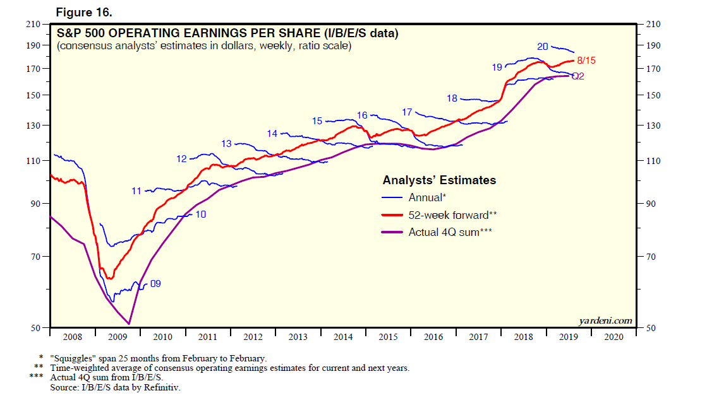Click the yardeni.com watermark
pyautogui.click(x=605, y=320)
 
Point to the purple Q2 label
pyautogui.click(x=577, y=76)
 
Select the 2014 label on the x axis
pyautogui.click(x=343, y=337)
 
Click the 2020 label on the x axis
pyautogui.click(x=613, y=337)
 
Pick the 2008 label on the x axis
pyautogui.click(x=72, y=337)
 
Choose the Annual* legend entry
pyautogui.click(x=427, y=197)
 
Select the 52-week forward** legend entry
pyautogui.click(x=449, y=215)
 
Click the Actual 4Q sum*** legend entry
pyautogui.click(x=450, y=232)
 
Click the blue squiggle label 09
pyautogui.click(x=155, y=284)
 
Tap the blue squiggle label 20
pyautogui.click(x=542, y=47)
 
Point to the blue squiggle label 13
pyautogui.click(x=227, y=144)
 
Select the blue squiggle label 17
pyautogui.click(x=407, y=112)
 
